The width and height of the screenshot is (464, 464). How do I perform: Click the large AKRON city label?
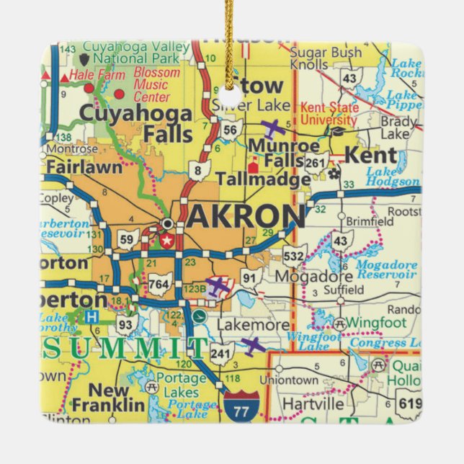coord(246,215)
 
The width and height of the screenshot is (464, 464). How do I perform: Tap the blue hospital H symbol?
coord(90,316)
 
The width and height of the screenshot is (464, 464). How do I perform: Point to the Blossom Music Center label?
coord(156,84)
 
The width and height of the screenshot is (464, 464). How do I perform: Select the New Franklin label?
coord(100,397)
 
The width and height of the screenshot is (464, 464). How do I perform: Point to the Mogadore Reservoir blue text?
coord(387,268)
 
